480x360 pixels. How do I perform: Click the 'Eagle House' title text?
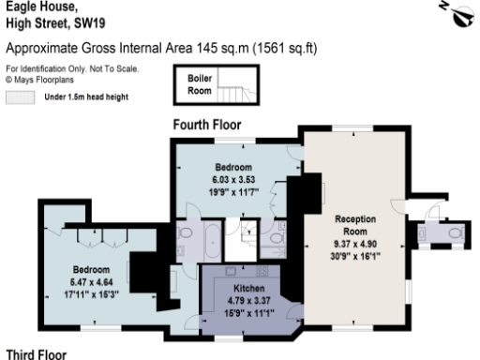point(33,7)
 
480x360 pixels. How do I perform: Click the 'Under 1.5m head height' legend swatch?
point(19,97)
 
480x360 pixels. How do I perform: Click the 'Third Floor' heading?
point(36,353)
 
